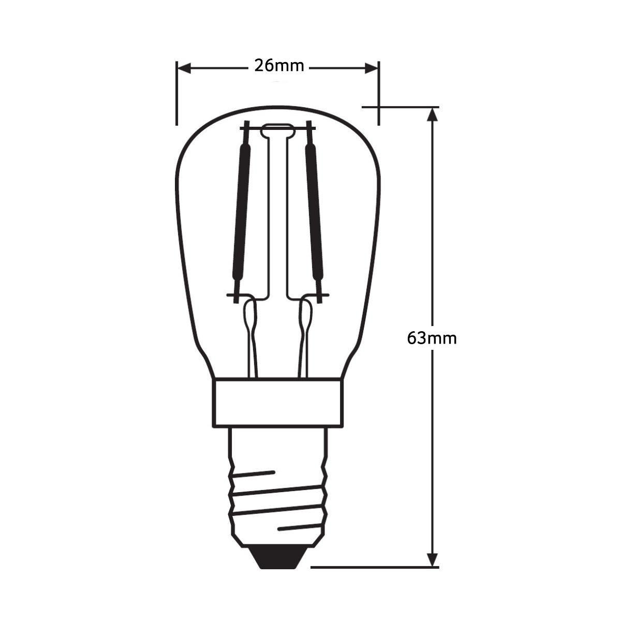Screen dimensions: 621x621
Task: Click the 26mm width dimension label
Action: [279, 66]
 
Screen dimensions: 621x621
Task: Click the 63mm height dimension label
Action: [432, 338]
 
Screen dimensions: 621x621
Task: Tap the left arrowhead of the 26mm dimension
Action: [184, 68]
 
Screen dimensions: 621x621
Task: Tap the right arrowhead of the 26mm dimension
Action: [371, 68]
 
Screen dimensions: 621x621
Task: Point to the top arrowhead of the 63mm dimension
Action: [432, 114]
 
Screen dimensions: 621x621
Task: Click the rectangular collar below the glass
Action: [278, 403]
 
